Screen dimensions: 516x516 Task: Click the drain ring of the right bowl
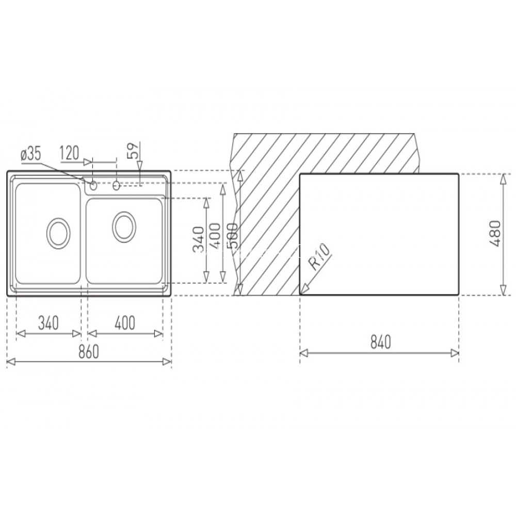123,225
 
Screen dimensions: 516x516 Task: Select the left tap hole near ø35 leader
93,185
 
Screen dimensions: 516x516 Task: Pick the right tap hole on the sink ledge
117,185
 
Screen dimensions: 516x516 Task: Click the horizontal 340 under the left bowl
49,323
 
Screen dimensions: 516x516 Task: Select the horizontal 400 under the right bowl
124,323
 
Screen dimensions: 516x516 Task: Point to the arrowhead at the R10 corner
303,289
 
